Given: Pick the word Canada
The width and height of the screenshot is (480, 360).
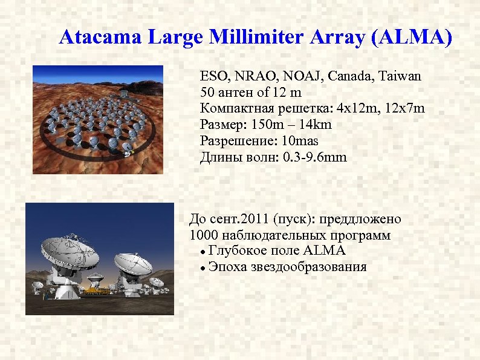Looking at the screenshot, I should (356, 77).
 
